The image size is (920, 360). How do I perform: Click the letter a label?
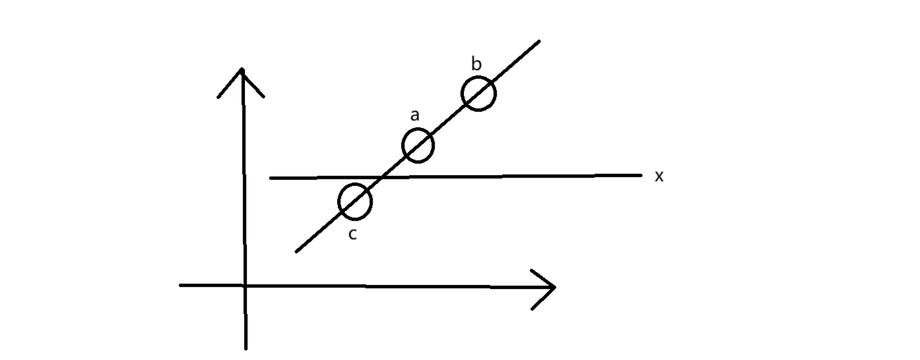point(415,116)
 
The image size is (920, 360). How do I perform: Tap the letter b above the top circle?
point(477,64)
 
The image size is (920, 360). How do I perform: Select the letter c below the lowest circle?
point(353,234)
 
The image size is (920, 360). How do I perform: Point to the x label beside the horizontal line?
point(659,176)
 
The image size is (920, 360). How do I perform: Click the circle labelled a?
point(418,146)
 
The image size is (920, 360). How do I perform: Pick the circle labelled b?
point(478,94)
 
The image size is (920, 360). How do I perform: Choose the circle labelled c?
point(355,201)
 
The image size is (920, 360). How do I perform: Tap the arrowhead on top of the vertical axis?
point(242,70)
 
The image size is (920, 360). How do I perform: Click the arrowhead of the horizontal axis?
point(554,287)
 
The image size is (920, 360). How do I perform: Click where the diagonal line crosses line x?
point(383,177)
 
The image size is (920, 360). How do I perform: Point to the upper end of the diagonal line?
point(539,41)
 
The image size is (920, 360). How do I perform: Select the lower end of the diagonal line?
point(297,252)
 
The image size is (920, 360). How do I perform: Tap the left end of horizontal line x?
point(270,178)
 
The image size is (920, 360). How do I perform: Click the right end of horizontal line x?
point(641,175)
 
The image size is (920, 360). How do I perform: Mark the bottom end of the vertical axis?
point(246,348)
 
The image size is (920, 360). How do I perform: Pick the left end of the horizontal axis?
point(180,285)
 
